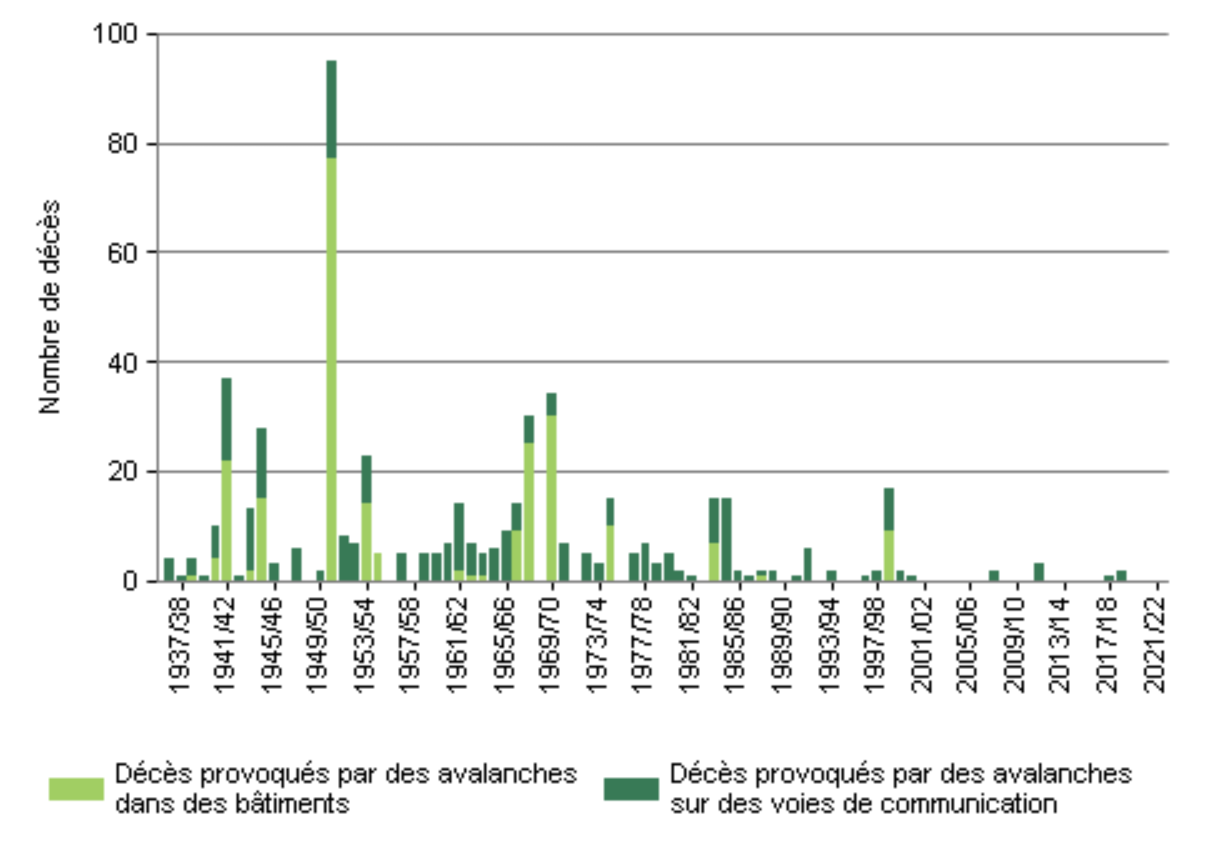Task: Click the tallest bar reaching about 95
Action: coord(331,320)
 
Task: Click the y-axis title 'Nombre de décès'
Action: coord(50,307)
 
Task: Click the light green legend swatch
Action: coord(76,789)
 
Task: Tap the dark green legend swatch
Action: coord(631,789)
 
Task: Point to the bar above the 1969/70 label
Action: coord(551,490)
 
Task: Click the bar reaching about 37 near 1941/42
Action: coord(227,480)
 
